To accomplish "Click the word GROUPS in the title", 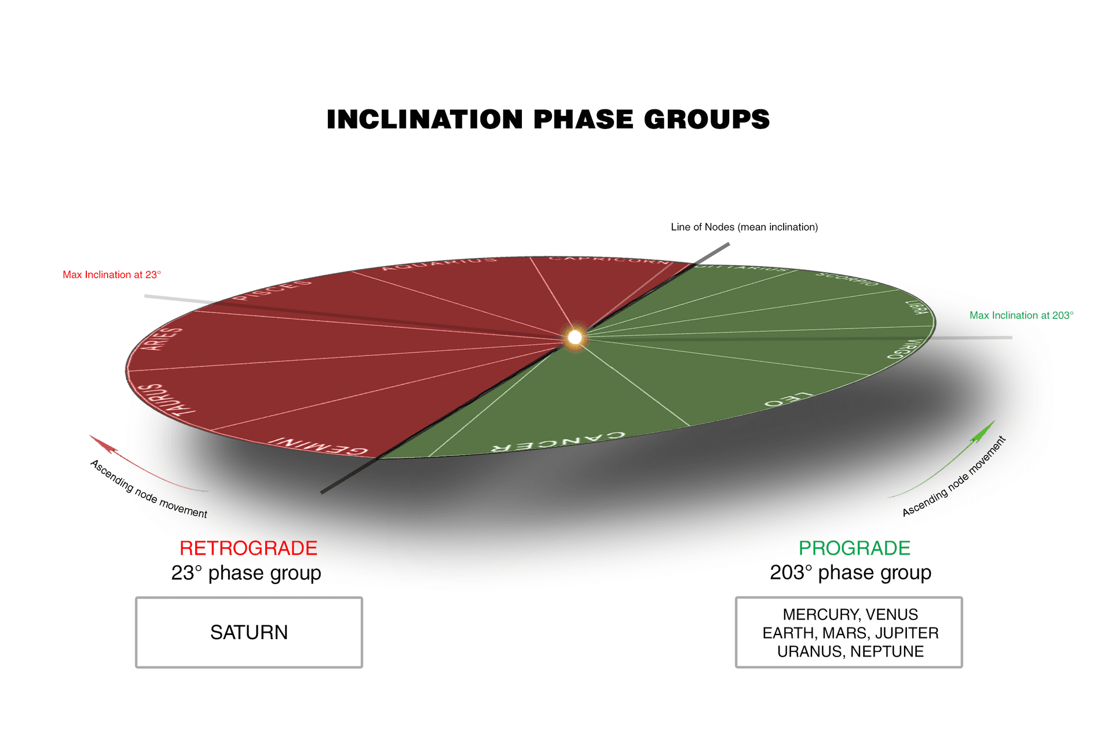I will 707,119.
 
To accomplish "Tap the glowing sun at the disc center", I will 575,338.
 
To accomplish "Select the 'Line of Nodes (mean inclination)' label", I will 744,227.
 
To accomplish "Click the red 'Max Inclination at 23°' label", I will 112,274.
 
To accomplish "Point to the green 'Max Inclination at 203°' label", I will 1021,316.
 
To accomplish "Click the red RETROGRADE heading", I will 248,548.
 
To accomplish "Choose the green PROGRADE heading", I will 854,548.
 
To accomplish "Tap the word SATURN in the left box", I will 249,632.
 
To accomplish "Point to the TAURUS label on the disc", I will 169,399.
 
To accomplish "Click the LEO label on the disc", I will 788,399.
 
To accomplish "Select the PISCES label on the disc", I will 272,289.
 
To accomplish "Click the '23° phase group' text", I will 246,573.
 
